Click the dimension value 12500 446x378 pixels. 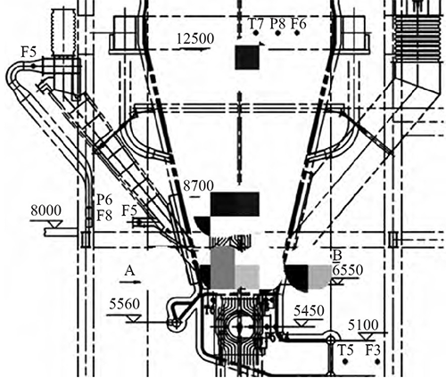click(195, 39)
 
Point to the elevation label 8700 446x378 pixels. click(198, 186)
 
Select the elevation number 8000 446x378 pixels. click(45, 210)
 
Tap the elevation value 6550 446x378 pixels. click(348, 270)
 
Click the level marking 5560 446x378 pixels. click(124, 304)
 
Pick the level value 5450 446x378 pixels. click(309, 311)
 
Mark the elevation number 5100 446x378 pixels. click(363, 325)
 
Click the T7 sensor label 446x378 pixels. click(256, 24)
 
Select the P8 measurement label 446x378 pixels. click(277, 24)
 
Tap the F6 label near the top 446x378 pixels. click(298, 24)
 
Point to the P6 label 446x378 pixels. click(104, 201)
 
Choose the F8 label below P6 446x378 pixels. click(104, 216)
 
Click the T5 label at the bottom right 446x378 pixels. click(345, 350)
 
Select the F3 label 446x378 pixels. click(373, 350)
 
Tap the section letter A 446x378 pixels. click(129, 271)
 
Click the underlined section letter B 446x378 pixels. click(338, 255)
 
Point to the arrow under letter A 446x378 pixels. click(129, 282)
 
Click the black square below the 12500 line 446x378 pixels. click(247, 57)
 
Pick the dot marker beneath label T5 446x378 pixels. click(345, 362)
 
